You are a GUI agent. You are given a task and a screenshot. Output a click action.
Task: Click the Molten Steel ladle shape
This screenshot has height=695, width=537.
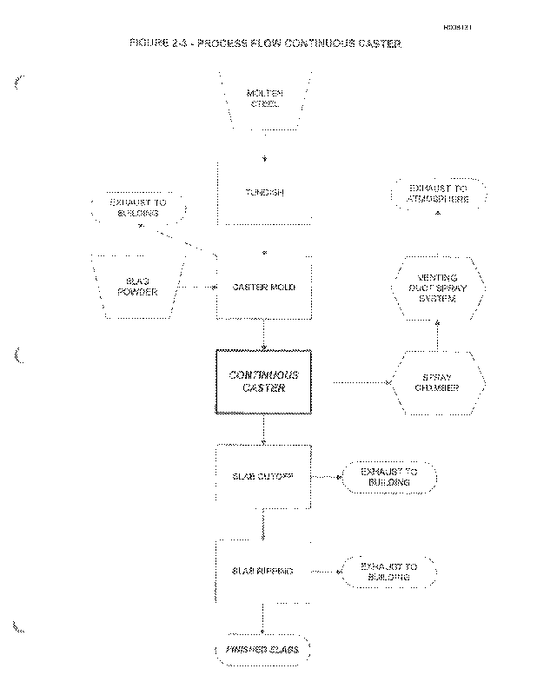click(264, 100)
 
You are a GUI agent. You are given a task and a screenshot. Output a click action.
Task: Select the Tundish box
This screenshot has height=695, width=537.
click(264, 193)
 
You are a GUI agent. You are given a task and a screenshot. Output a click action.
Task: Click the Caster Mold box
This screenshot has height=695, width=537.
click(264, 287)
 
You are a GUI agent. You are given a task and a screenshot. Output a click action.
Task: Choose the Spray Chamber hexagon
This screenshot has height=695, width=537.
click(435, 382)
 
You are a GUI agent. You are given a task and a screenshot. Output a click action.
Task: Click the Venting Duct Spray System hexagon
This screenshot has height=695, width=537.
click(435, 288)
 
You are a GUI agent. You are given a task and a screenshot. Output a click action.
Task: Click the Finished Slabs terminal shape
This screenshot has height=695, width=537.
click(263, 651)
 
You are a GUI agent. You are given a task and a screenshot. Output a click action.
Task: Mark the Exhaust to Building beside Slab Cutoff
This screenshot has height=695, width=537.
click(388, 477)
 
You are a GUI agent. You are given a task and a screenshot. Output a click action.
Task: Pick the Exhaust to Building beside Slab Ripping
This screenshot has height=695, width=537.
click(388, 572)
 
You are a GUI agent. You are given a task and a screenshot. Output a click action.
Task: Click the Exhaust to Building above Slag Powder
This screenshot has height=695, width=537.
click(138, 209)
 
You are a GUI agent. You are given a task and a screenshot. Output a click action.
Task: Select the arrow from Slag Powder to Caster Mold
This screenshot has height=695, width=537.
click(196, 287)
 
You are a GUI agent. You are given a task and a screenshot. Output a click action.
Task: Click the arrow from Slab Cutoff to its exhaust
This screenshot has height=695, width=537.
click(326, 477)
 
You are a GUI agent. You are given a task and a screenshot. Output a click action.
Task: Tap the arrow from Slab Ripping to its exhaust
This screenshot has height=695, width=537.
click(326, 572)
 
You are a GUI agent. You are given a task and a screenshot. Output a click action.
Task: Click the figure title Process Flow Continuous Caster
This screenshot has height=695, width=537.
click(265, 43)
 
